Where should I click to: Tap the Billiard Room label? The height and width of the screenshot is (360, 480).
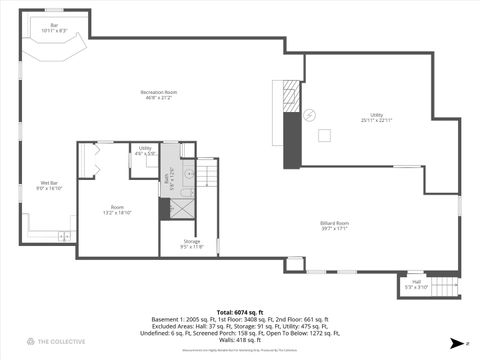(335, 224)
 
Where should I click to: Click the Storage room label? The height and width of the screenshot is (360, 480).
(191, 243)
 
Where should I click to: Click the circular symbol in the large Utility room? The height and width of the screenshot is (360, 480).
(310, 114)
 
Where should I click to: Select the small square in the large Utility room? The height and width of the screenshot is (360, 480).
(325, 134)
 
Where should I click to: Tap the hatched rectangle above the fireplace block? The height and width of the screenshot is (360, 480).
(292, 97)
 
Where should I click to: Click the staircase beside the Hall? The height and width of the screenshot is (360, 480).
(442, 287)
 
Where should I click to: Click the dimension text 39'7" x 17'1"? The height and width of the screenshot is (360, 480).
(335, 228)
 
